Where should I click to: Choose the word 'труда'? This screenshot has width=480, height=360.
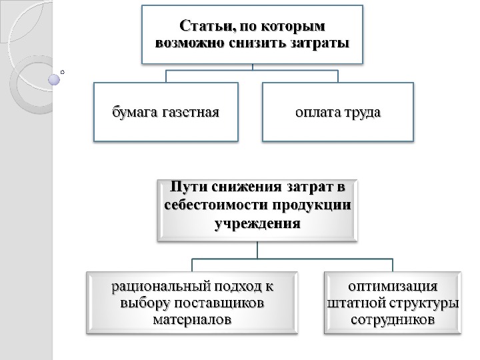coord(361,111)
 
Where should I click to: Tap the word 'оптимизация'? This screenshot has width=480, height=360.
coord(393,287)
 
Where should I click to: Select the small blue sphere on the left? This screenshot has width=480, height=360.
coord(55,80)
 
